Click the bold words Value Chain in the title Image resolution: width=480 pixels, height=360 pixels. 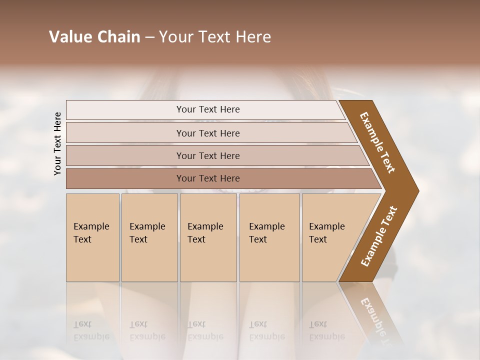pos(94,37)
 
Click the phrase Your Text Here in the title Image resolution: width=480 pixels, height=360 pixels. pos(215,37)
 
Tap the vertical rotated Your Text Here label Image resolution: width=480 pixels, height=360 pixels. pos(57,143)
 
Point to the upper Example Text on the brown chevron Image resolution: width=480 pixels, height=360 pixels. pos(377,142)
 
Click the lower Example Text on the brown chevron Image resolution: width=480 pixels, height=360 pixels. pos(379,236)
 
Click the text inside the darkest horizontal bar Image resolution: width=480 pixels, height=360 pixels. pos(208,178)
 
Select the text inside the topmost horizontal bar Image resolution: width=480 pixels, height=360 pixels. pos(208,109)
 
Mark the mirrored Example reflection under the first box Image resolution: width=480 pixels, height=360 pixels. pos(91,336)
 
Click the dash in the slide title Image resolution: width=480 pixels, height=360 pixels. pos(149,37)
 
